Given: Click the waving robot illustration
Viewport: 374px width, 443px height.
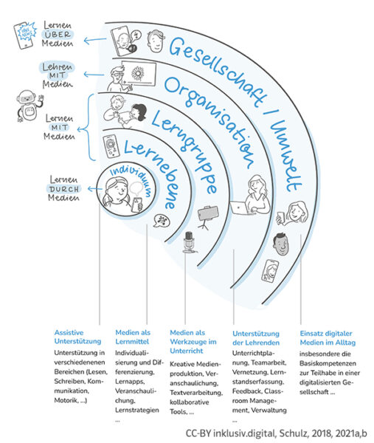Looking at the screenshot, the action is pos(30,106).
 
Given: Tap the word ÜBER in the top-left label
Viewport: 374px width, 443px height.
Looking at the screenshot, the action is pos(58,35).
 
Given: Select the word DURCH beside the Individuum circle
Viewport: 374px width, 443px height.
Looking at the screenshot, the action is pos(64,189).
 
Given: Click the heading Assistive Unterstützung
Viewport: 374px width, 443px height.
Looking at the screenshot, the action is pos(77,337).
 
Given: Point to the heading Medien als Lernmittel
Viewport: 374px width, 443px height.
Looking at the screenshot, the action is pos(133,337).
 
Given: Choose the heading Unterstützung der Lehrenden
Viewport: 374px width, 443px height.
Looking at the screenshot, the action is pos(256,338).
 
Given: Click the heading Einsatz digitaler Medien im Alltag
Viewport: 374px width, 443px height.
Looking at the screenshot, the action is pos(328,338).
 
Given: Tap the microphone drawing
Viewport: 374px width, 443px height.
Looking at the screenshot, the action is pos(189,242).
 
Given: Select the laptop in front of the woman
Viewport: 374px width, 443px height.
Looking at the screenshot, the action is pos(239,207).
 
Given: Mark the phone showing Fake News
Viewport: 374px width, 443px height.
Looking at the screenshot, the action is pos(25,35).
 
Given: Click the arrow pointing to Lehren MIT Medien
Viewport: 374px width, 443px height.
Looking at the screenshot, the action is pos(94,75).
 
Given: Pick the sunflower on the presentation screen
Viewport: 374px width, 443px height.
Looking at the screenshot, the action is pos(138,73).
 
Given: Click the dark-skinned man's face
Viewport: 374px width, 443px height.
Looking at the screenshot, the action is pos(280,244).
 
